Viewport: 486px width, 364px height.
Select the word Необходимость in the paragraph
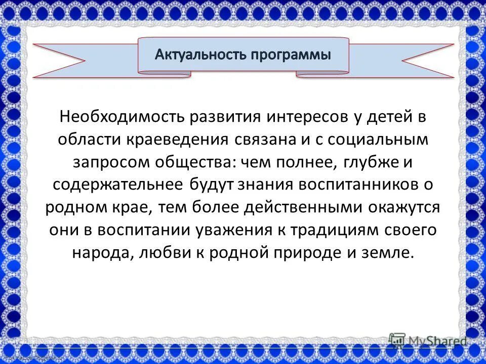tap(120, 117)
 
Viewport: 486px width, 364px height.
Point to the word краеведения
tap(180, 140)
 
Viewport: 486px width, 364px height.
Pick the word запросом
tap(105, 162)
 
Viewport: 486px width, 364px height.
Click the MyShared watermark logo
tap(428, 341)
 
